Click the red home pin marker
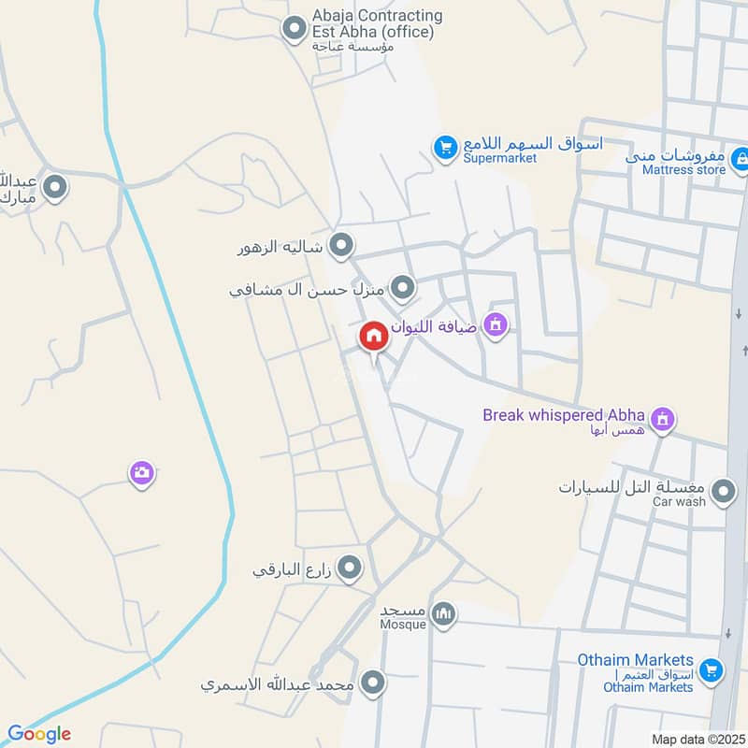[x=374, y=336]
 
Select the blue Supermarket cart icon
[x=444, y=147]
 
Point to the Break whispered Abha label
[x=564, y=414]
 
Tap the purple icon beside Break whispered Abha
[x=662, y=418]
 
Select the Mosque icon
[x=446, y=614]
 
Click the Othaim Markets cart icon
[x=712, y=669]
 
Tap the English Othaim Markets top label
[x=635, y=660]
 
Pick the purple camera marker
[x=141, y=473]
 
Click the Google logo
[x=39, y=734]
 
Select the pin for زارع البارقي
[x=350, y=567]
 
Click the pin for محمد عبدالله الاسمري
[x=373, y=683]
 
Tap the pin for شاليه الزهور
[x=342, y=246]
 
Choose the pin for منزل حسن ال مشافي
[x=403, y=288]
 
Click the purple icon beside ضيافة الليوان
[x=496, y=324]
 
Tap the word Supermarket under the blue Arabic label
[x=500, y=158]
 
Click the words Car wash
[x=679, y=502]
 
